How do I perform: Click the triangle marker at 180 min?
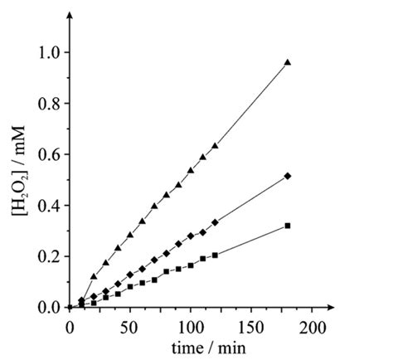pos(288,62)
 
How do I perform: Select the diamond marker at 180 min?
pos(288,176)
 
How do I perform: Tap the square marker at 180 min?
pos(288,226)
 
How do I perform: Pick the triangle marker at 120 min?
pos(215,146)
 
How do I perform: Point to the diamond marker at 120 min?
pos(215,222)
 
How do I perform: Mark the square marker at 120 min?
pos(215,255)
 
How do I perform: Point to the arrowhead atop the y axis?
pos(69,14)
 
